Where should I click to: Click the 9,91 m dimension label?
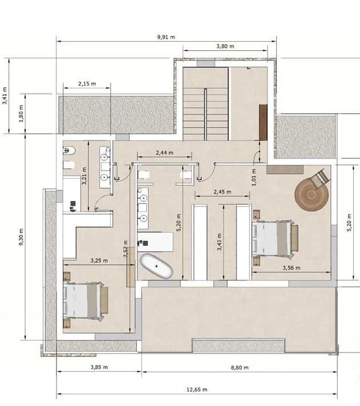click(165, 36)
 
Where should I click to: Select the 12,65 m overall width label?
click(196, 389)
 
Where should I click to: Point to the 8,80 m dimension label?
click(238, 368)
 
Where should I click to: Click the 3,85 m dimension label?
click(99, 368)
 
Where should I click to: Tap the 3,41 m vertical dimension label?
click(5, 95)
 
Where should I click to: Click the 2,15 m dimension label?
click(87, 84)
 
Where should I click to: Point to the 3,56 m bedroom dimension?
click(290, 267)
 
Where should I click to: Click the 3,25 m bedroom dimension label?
click(100, 261)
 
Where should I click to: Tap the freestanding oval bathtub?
click(156, 266)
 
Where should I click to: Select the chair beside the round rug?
click(319, 176)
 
